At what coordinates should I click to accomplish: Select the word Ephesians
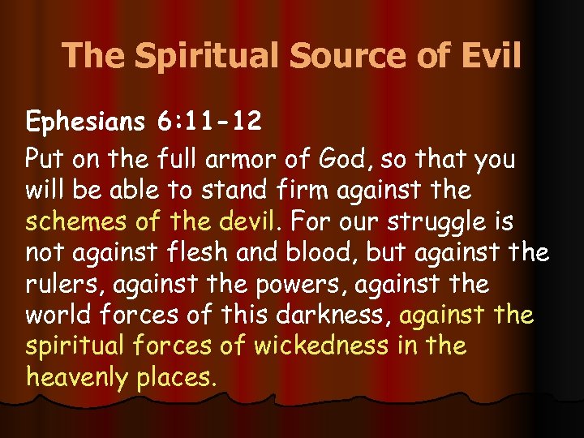pyautogui.click(x=81, y=122)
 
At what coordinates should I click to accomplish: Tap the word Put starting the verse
pyautogui.click(x=42, y=158)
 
